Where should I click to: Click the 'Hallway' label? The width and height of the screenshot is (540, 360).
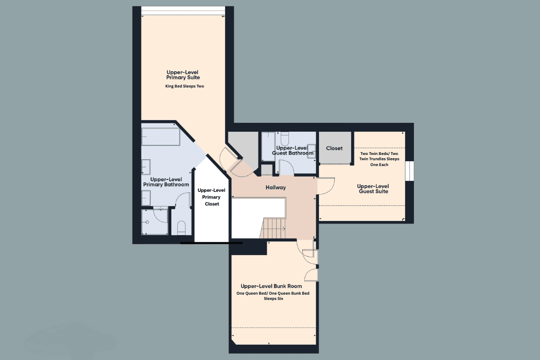(275, 188)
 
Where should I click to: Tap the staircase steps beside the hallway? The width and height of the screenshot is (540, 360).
(273, 228)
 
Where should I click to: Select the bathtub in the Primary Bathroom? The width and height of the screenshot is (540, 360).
(161, 137)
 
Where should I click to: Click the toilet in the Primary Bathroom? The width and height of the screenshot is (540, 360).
(181, 227)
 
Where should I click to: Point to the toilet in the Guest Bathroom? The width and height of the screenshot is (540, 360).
(285, 139)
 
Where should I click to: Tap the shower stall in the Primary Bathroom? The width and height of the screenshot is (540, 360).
(155, 222)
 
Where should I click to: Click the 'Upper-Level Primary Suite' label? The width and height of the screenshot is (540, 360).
(182, 75)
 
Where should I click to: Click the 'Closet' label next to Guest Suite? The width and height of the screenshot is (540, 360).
(334, 149)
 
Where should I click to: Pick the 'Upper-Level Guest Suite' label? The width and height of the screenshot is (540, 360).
(372, 189)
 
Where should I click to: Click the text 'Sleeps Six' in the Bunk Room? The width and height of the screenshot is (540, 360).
(274, 298)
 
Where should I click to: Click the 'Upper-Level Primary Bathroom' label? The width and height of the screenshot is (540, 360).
(166, 182)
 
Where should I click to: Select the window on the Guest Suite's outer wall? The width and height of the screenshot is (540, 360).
(409, 171)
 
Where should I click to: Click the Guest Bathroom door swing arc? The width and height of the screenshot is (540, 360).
(286, 168)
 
